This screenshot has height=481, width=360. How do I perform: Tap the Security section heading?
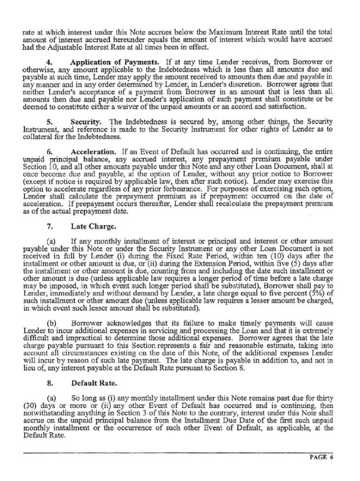[x=86, y=122]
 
